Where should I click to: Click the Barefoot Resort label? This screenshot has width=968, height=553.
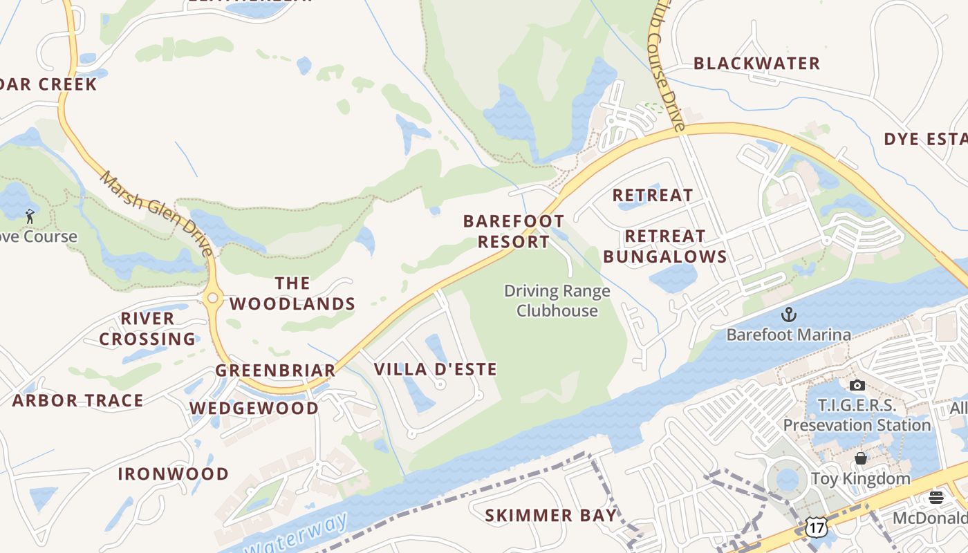click(x=513, y=232)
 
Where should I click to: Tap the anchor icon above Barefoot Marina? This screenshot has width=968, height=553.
click(x=788, y=315)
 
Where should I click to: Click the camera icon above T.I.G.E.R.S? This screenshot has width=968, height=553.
click(x=857, y=385)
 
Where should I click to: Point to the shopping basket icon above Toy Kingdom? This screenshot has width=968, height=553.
click(x=861, y=458)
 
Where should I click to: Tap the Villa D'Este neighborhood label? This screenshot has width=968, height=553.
click(x=435, y=369)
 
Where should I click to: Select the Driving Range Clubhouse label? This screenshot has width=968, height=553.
click(x=557, y=301)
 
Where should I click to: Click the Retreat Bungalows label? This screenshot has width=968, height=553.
click(x=664, y=247)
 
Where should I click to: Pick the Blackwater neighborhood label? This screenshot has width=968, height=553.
click(x=756, y=64)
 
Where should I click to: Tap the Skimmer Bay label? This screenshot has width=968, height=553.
click(x=550, y=515)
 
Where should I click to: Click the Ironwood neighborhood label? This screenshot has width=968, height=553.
click(x=173, y=474)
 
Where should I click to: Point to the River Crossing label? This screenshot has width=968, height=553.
click(x=147, y=329)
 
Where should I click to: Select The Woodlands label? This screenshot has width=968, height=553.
click(x=292, y=294)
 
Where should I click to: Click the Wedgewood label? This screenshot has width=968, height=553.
click(x=254, y=408)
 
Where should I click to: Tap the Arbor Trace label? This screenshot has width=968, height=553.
click(x=77, y=400)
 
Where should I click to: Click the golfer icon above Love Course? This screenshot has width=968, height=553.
click(x=30, y=216)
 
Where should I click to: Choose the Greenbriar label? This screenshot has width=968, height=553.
click(x=275, y=370)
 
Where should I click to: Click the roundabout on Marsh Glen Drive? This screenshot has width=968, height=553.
click(x=213, y=299)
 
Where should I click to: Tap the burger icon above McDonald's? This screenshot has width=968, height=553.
click(x=936, y=498)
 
